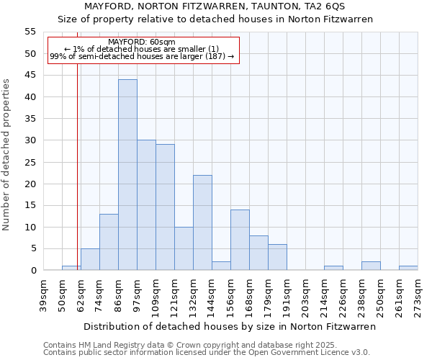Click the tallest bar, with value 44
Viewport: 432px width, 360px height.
(127, 175)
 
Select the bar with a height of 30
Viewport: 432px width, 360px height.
(146, 205)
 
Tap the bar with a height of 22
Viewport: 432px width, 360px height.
(202, 222)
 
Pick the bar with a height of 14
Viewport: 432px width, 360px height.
(240, 240)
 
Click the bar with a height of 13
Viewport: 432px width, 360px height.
(109, 242)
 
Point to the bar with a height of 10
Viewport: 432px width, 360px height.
(184, 248)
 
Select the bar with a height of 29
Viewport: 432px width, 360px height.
(165, 207)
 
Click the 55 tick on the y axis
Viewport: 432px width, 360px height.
(30, 32)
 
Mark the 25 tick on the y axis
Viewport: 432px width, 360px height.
(30, 162)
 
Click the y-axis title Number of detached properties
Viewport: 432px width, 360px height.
(7, 154)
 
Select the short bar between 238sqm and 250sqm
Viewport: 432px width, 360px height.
(371, 266)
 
